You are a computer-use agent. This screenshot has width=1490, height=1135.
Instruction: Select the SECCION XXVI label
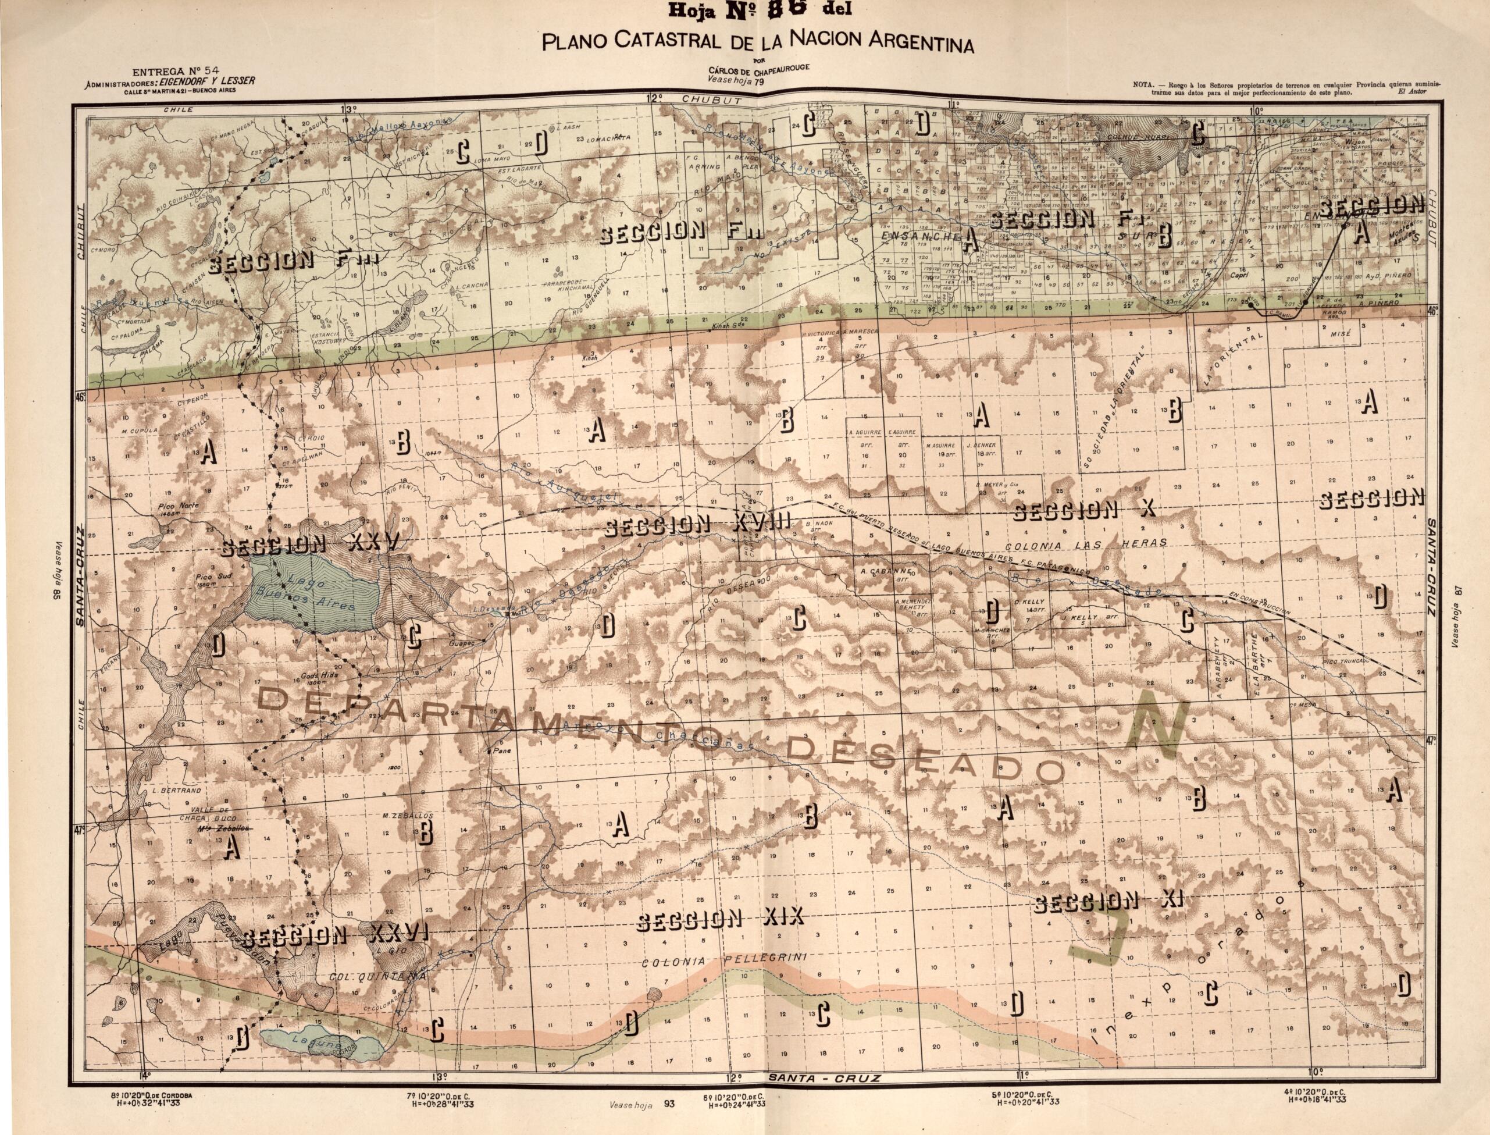336,935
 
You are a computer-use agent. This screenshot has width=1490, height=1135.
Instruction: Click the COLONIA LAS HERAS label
1085,545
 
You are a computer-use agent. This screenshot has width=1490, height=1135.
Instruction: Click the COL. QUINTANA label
377,977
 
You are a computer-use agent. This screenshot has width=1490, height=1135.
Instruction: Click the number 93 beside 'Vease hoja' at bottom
669,1105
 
